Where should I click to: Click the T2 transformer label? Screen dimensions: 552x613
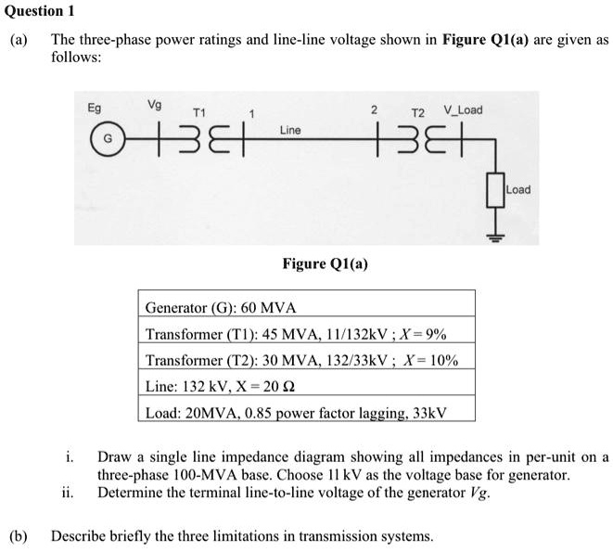pos(416,112)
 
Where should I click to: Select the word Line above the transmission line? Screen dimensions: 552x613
pos(289,131)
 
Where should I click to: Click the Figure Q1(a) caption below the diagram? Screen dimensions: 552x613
pos(325,263)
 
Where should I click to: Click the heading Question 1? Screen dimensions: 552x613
pos(42,11)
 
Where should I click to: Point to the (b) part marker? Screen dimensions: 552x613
pos(19,535)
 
